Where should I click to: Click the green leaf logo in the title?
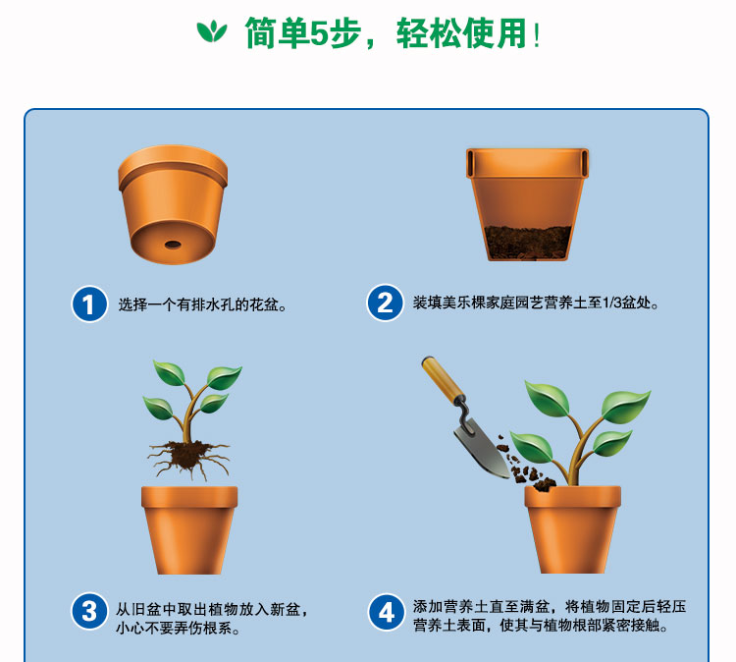point(212,32)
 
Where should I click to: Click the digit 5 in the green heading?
point(320,33)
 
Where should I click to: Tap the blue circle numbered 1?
point(89,303)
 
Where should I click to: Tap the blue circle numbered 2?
point(385,303)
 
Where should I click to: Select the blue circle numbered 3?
point(89,611)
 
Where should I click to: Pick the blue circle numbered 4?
point(386,612)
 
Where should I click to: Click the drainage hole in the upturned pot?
point(173,245)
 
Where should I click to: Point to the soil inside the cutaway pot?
point(528,242)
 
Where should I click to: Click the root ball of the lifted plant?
point(187,457)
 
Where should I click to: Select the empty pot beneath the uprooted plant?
point(189,530)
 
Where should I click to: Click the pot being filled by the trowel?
point(572,530)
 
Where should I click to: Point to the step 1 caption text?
point(202,304)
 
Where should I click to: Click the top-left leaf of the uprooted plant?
point(169,372)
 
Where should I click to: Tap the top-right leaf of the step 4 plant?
point(626,406)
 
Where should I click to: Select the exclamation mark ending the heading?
point(537,35)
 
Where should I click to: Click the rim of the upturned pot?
point(173,167)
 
